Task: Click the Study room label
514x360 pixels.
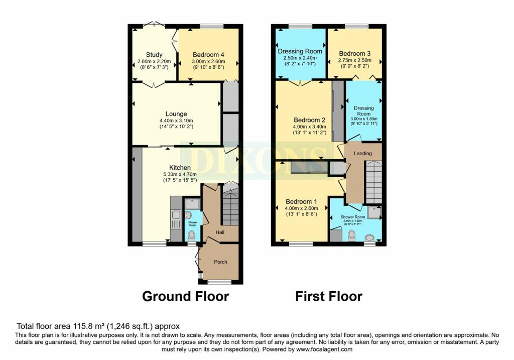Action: click(x=154, y=55)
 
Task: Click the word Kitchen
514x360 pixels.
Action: click(x=180, y=167)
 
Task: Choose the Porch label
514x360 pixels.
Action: click(x=220, y=262)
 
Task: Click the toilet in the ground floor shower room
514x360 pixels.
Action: click(x=191, y=234)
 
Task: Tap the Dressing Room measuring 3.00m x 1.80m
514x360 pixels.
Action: click(x=364, y=111)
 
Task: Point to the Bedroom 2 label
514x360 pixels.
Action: click(x=310, y=120)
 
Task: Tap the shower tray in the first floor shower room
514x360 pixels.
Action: click(x=374, y=213)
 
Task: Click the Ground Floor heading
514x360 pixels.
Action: click(x=185, y=296)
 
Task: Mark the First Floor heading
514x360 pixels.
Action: click(x=328, y=296)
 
